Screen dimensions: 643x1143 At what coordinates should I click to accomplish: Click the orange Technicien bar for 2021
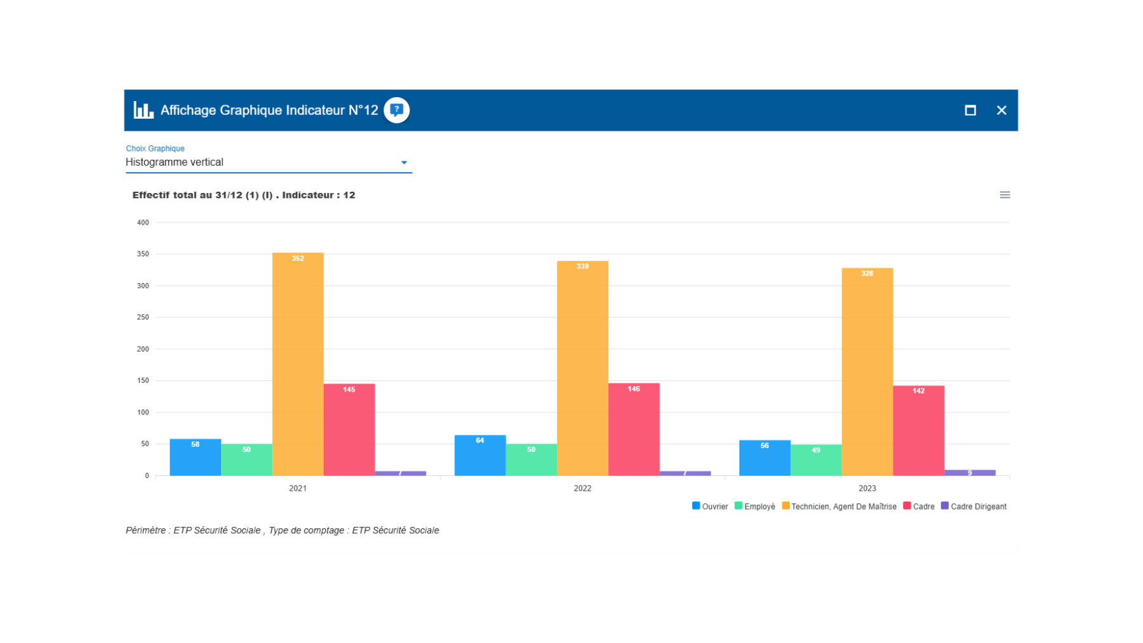coord(298,365)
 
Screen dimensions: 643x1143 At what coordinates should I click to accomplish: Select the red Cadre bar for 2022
coord(634,430)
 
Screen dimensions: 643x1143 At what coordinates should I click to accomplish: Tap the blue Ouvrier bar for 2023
coord(765,458)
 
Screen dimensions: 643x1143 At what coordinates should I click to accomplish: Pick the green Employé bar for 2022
coord(531,460)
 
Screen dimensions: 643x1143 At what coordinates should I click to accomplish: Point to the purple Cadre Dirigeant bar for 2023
coord(970,473)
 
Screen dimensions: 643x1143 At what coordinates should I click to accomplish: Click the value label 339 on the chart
coord(582,267)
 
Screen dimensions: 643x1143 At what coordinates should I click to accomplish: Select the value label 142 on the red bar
coord(918,391)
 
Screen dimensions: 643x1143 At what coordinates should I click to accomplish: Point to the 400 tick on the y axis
coord(143,223)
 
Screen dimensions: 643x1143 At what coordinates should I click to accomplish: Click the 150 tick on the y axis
coord(143,381)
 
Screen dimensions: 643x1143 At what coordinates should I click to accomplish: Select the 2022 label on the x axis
coord(582,488)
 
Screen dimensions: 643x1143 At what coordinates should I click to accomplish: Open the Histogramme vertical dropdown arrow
coord(404,162)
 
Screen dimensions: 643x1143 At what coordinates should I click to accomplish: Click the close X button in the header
coord(1001,110)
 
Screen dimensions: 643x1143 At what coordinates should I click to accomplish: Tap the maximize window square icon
coord(970,110)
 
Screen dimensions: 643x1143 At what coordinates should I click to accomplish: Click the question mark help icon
coord(397,110)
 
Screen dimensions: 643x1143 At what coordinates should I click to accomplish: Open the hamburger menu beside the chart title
coord(1005,195)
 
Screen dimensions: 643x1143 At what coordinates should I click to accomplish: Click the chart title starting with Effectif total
coord(244,195)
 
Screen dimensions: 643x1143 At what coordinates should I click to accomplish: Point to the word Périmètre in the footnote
coord(145,531)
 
